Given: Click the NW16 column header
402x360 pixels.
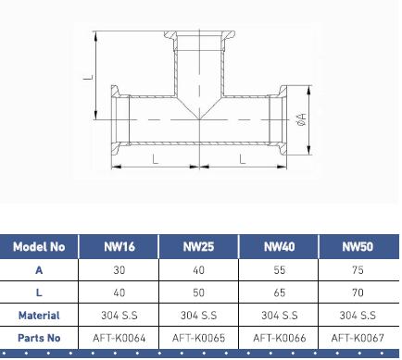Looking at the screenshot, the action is click(x=119, y=247).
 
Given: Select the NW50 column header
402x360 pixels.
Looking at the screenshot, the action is click(x=358, y=247).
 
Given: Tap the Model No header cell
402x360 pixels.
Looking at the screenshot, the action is click(x=39, y=247).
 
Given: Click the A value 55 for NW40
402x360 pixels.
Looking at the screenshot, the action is click(x=279, y=270).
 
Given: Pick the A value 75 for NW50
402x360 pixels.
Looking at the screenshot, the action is click(x=358, y=270).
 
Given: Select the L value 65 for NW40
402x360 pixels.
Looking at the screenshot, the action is click(x=279, y=292).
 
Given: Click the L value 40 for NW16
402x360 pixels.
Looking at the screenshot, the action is click(x=119, y=292).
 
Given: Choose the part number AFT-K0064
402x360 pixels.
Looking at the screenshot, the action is click(x=119, y=338).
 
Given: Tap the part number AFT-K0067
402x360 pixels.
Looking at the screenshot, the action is click(x=358, y=338).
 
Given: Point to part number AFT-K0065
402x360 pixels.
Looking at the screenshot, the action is click(x=198, y=338).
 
